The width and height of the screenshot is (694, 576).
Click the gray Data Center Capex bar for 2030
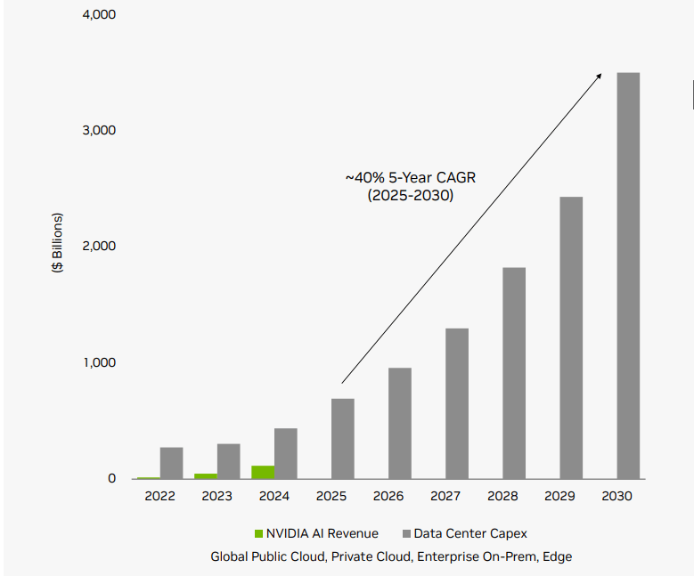click(x=628, y=275)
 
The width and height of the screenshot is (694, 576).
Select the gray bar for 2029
click(x=571, y=337)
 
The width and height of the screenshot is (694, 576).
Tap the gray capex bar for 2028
click(x=514, y=373)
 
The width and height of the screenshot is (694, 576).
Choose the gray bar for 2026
click(x=400, y=423)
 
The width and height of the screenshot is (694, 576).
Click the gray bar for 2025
click(x=343, y=438)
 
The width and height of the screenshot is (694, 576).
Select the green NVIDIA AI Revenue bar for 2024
click(x=263, y=472)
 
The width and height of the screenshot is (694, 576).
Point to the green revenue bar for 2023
click(x=206, y=476)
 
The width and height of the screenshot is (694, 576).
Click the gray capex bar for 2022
click(x=172, y=463)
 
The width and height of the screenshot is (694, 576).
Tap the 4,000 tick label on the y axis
click(x=99, y=15)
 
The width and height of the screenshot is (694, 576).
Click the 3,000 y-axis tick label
click(x=99, y=130)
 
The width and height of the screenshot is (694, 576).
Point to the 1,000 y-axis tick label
click(x=99, y=362)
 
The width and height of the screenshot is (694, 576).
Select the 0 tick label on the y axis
click(x=111, y=478)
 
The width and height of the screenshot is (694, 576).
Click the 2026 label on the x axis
click(x=388, y=496)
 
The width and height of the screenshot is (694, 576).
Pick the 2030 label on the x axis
click(x=616, y=496)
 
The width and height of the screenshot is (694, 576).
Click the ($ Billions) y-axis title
click(x=57, y=243)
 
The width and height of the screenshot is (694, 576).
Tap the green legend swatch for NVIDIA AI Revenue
click(x=259, y=533)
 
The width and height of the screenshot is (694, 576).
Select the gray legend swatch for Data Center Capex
click(x=406, y=533)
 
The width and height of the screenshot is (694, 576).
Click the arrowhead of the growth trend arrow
click(x=599, y=76)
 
